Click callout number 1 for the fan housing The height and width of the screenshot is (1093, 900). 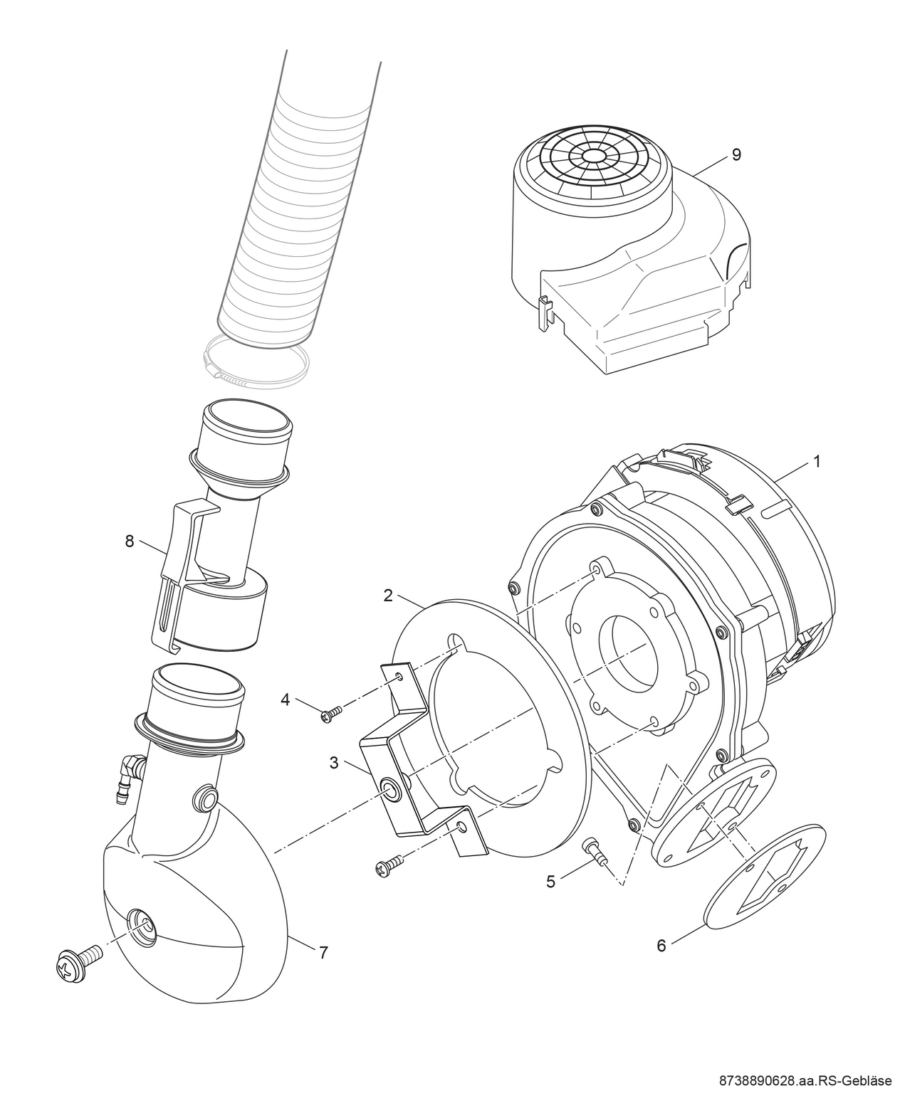coord(817,462)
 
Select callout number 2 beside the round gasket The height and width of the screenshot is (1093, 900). coord(388,596)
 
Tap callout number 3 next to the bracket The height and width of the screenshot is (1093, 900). coord(334,764)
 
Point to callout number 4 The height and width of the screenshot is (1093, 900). coord(285,699)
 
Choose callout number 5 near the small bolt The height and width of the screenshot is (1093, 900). coord(550,881)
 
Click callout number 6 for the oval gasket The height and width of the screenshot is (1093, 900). coord(661,946)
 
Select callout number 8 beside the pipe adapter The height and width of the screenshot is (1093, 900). coord(129,542)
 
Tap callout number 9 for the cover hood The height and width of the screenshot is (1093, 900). coord(736,154)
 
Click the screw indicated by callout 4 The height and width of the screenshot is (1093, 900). coord(331,713)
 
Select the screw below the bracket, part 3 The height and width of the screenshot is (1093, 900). coord(389,865)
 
